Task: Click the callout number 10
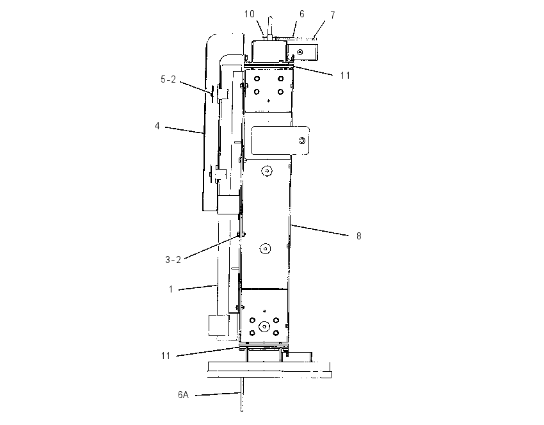click(x=250, y=14)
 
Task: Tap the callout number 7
click(x=333, y=15)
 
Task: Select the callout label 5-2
click(x=168, y=79)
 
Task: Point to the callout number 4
click(x=157, y=126)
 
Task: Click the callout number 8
click(x=359, y=236)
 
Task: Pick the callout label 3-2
click(x=173, y=260)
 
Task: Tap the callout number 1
click(x=171, y=289)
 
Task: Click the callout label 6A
click(x=183, y=394)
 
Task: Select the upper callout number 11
click(x=345, y=76)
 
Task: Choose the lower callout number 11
click(x=166, y=356)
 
